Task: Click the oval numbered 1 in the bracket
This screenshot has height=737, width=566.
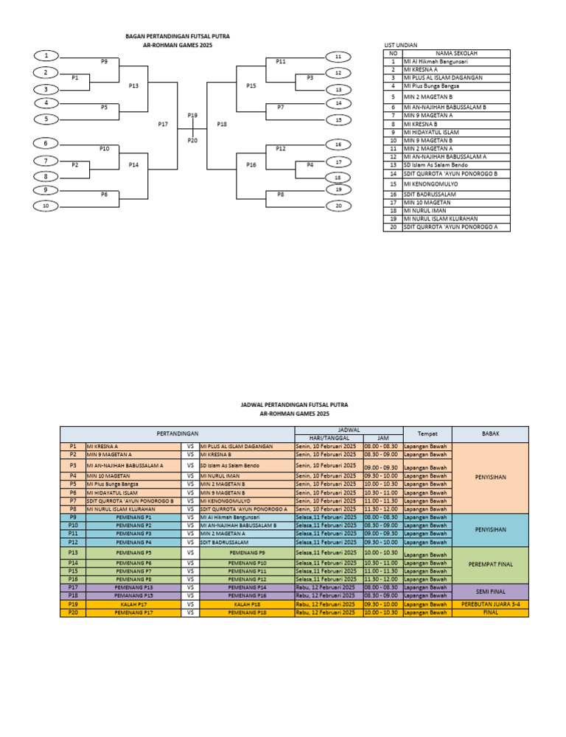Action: click(46, 56)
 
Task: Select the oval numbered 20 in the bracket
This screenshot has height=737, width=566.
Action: click(338, 206)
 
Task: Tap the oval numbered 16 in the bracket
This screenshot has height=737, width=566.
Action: click(338, 144)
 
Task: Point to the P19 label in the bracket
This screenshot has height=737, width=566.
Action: click(192, 115)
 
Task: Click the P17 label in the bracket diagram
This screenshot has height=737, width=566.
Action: click(164, 124)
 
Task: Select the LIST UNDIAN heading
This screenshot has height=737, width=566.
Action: click(402, 45)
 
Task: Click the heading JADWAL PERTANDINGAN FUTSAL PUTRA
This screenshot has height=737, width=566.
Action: click(294, 405)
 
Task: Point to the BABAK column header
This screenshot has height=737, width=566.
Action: click(490, 433)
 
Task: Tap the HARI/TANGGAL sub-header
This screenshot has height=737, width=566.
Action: click(328, 438)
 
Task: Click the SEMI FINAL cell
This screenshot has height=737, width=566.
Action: click(490, 591)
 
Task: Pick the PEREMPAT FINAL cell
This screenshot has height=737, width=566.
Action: click(490, 565)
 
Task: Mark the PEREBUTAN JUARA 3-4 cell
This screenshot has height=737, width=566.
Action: click(490, 604)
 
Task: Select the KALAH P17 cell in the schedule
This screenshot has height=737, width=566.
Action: click(135, 604)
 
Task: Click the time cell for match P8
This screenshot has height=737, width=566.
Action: click(381, 509)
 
